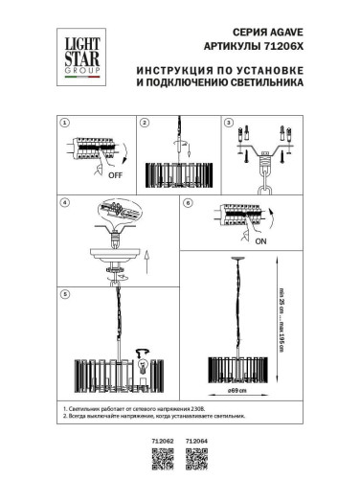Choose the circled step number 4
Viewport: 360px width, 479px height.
pos(65,204)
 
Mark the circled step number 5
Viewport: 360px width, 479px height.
pos(65,293)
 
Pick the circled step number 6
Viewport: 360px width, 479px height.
pos(189,204)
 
